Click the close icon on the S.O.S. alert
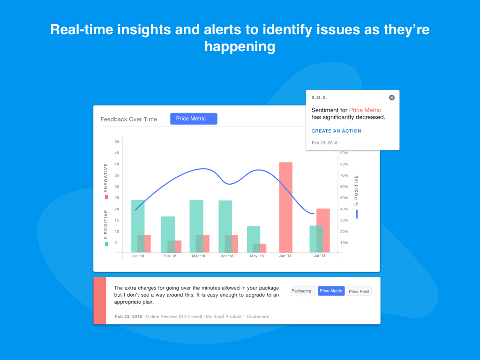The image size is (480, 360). click(x=391, y=97)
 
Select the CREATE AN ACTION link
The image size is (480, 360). click(x=336, y=131)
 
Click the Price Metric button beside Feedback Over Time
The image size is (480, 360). click(x=194, y=119)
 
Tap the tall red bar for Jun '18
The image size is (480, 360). click(x=285, y=207)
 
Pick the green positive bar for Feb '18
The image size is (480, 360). click(x=168, y=234)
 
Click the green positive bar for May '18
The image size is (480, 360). click(x=254, y=240)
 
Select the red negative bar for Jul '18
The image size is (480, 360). click(x=323, y=231)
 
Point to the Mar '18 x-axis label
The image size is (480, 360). click(x=198, y=256)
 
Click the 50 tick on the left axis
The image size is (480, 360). click(x=117, y=142)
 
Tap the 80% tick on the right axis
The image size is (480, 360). click(x=344, y=164)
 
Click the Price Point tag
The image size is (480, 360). click(x=359, y=292)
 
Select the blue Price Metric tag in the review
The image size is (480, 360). click(x=331, y=291)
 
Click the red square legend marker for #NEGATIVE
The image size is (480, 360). click(x=106, y=197)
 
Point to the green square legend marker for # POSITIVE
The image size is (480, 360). click(x=106, y=244)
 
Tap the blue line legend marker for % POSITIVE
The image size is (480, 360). click(x=357, y=214)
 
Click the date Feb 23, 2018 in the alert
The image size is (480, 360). click(x=324, y=142)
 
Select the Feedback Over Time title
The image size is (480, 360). click(x=128, y=120)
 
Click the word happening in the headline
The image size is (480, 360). click(x=240, y=47)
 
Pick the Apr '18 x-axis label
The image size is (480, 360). click(x=227, y=256)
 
